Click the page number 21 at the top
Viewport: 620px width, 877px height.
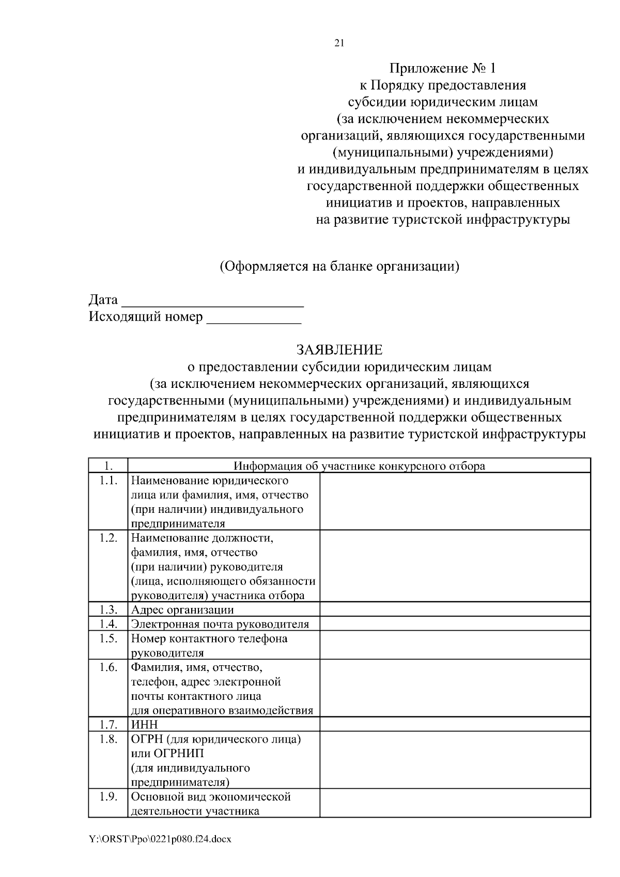pos(339,43)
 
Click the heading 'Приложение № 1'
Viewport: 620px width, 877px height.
pos(442,68)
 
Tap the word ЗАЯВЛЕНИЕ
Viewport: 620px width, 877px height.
pos(339,350)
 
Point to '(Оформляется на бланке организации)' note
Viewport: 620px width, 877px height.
pos(339,267)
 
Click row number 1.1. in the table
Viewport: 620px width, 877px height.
pos(109,481)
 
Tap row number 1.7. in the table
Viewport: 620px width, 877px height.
pos(109,724)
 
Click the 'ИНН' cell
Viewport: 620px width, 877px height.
pos(145,724)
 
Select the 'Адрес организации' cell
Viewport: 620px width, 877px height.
pos(182,609)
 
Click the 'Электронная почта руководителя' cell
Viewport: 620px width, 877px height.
pos(220,624)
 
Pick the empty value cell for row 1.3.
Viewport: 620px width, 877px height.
pos(455,609)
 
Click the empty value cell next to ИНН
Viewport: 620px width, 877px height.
pos(455,724)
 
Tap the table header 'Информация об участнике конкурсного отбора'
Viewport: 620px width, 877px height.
pos(359,466)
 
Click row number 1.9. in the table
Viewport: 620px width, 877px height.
pos(109,796)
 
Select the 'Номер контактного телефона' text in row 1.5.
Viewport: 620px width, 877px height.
pos(209,638)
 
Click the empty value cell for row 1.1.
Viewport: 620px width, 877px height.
pos(455,502)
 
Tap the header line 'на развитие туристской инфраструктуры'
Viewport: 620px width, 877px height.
pos(443,220)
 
